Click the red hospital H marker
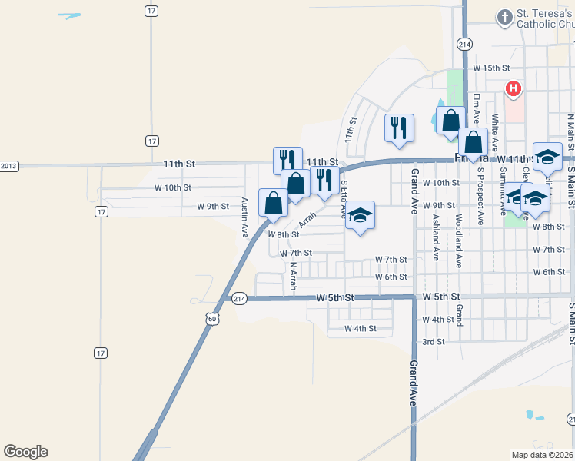pyautogui.click(x=513, y=89)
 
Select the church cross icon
pyautogui.click(x=504, y=18)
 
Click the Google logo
pyautogui.click(x=25, y=452)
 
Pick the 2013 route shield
pyautogui.click(x=8, y=166)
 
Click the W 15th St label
pyautogui.click(x=492, y=68)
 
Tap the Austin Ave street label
pyautogui.click(x=244, y=217)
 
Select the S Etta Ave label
pyautogui.click(x=344, y=200)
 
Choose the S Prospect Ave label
pyautogui.click(x=480, y=196)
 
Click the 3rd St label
pyautogui.click(x=434, y=342)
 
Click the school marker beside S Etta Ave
pyautogui.click(x=360, y=216)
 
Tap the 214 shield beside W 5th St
pyautogui.click(x=238, y=298)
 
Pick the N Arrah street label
pyautogui.click(x=292, y=277)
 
